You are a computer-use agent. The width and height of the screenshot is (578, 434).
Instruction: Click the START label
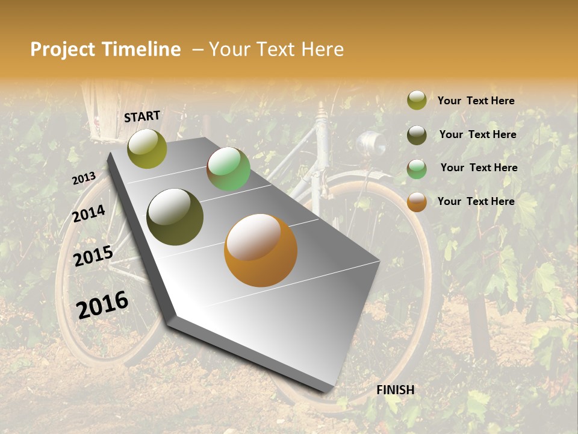(x=142, y=116)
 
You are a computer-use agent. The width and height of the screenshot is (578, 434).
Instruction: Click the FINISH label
(x=396, y=390)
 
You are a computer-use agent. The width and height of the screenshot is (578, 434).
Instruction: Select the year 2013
(x=84, y=178)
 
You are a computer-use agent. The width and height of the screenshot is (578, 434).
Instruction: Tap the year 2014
(x=89, y=214)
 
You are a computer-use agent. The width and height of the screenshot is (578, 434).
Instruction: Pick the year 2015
(x=93, y=256)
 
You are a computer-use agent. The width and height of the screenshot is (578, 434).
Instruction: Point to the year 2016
(x=102, y=304)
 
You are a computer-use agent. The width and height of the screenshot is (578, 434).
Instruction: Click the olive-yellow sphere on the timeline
(x=147, y=149)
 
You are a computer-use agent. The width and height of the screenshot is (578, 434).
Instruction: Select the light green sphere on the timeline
(x=228, y=169)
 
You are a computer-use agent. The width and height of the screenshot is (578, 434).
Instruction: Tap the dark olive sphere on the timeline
(x=175, y=217)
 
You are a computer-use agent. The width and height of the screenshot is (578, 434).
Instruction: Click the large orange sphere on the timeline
(x=261, y=250)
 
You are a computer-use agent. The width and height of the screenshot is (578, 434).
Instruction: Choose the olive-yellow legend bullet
(x=417, y=101)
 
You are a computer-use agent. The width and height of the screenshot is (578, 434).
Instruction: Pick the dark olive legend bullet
(x=417, y=135)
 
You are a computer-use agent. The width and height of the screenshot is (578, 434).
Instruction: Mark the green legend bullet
(x=417, y=169)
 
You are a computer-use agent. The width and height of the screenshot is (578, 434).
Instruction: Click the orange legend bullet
(x=417, y=202)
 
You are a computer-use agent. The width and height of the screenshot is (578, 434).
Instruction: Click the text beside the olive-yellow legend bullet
(x=476, y=101)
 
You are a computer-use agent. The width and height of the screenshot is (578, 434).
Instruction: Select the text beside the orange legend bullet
(x=476, y=201)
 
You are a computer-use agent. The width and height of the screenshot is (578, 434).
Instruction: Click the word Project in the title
(x=63, y=49)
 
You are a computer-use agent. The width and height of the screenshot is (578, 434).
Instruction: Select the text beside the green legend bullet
(x=479, y=168)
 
